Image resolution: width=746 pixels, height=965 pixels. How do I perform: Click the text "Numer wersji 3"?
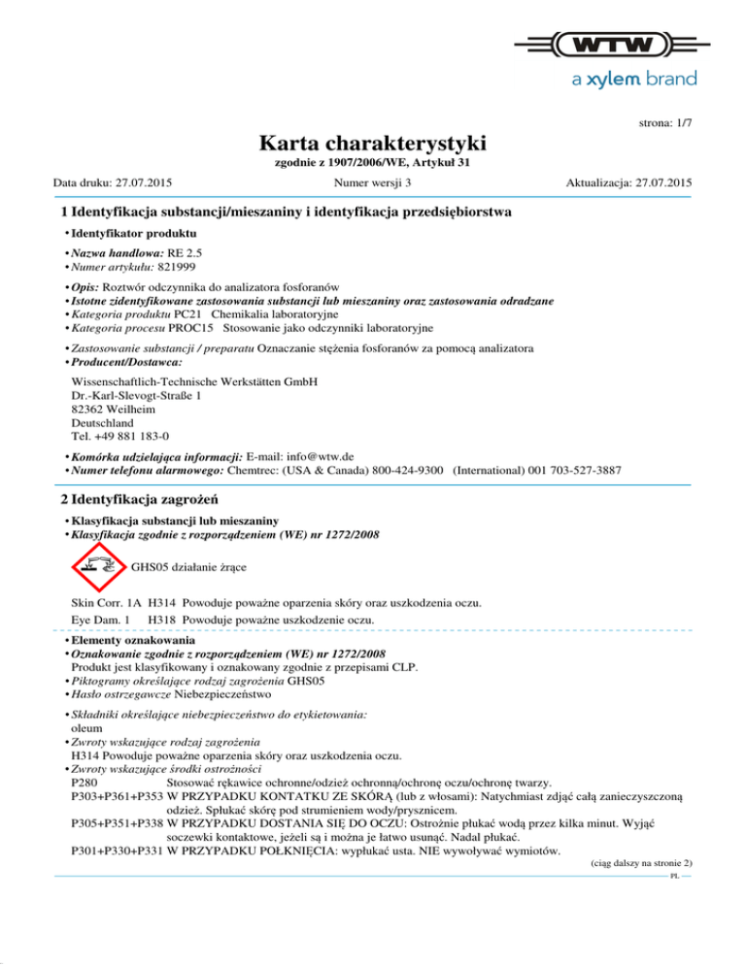[372, 182]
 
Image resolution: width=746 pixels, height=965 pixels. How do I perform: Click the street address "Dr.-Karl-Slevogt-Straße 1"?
[137, 395]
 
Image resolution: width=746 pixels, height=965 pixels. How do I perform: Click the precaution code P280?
[85, 782]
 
